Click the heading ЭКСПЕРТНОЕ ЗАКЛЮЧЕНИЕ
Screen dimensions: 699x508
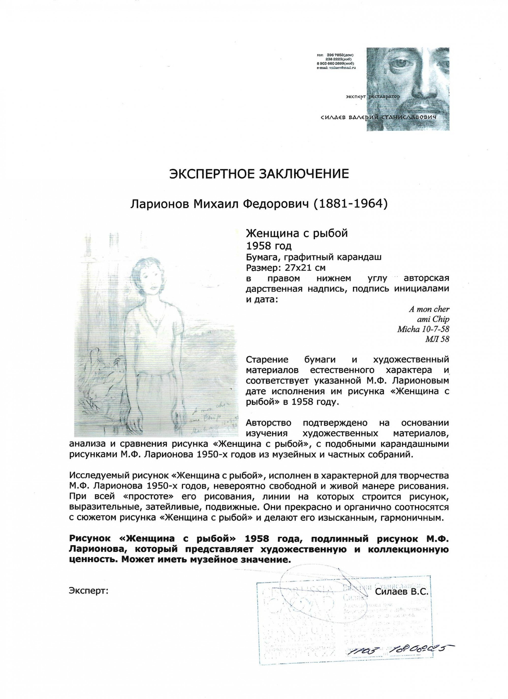pos(259,174)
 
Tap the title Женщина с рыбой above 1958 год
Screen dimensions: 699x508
pos(296,233)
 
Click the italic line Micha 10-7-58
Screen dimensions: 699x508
pos(423,329)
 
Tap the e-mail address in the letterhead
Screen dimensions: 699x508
pos(336,67)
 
